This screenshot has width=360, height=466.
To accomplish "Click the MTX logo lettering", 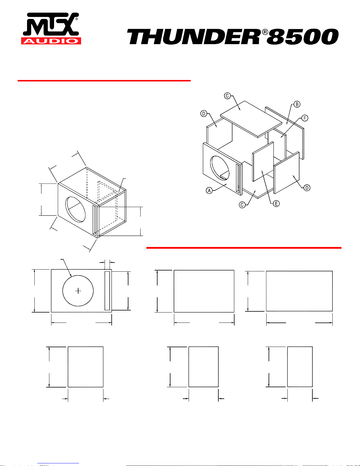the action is point(51,24).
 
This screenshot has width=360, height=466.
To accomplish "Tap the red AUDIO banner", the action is point(51,41).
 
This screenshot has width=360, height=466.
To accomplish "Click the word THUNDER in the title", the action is point(193,37).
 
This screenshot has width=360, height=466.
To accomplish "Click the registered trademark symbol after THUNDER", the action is point(265,32).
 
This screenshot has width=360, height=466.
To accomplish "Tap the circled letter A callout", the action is point(209,191).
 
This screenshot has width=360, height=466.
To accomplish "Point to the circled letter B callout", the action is point(297,104).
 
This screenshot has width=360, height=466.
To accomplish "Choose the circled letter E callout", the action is point(276,203).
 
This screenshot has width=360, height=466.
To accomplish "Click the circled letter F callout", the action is point(305,118).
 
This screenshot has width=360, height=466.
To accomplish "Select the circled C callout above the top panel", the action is point(227,96).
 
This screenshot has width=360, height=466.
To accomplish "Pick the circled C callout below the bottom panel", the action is point(242,205).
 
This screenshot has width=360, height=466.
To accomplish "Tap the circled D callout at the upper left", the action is point(204,113).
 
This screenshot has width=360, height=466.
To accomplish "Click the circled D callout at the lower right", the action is point(307,188).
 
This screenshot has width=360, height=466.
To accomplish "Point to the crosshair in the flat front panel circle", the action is point(78,291).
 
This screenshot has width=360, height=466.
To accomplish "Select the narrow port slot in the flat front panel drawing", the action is point(107,290).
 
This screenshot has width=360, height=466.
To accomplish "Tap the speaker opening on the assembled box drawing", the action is point(76,210).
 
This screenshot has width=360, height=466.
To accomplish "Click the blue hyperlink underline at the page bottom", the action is point(58,463).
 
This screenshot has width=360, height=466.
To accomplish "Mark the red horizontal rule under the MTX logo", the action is point(104,81).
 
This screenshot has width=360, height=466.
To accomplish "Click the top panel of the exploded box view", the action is point(251,119).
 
